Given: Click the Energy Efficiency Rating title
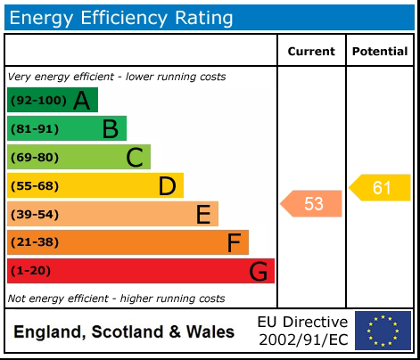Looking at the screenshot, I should tap(122, 17).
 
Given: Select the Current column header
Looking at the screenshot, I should tap(311, 52).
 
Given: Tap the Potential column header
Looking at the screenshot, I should tap(380, 52).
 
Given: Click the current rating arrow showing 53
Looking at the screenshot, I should tap(312, 204).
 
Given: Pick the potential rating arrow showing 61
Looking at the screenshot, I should tap(380, 187).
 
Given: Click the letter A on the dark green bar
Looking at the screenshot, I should tap(82, 101).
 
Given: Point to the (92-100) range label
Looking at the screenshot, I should tap(38, 101).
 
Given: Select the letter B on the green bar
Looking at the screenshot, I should tap(110, 129).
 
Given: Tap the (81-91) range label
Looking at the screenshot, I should tap(35, 129).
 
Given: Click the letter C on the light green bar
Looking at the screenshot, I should tap(135, 158).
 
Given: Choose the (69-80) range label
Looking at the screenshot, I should tap(35, 158).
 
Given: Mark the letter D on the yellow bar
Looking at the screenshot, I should tap(167, 186).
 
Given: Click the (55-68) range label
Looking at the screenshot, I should tap(35, 186).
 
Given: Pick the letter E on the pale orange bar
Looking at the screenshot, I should tap(203, 215).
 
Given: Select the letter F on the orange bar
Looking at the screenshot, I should tap(234, 242).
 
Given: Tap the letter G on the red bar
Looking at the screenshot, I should tap(259, 271).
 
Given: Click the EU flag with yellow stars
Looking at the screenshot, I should tap(383, 331).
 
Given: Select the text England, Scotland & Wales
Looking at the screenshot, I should tap(124, 332).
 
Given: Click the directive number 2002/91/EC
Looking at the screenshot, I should tap(302, 340).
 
